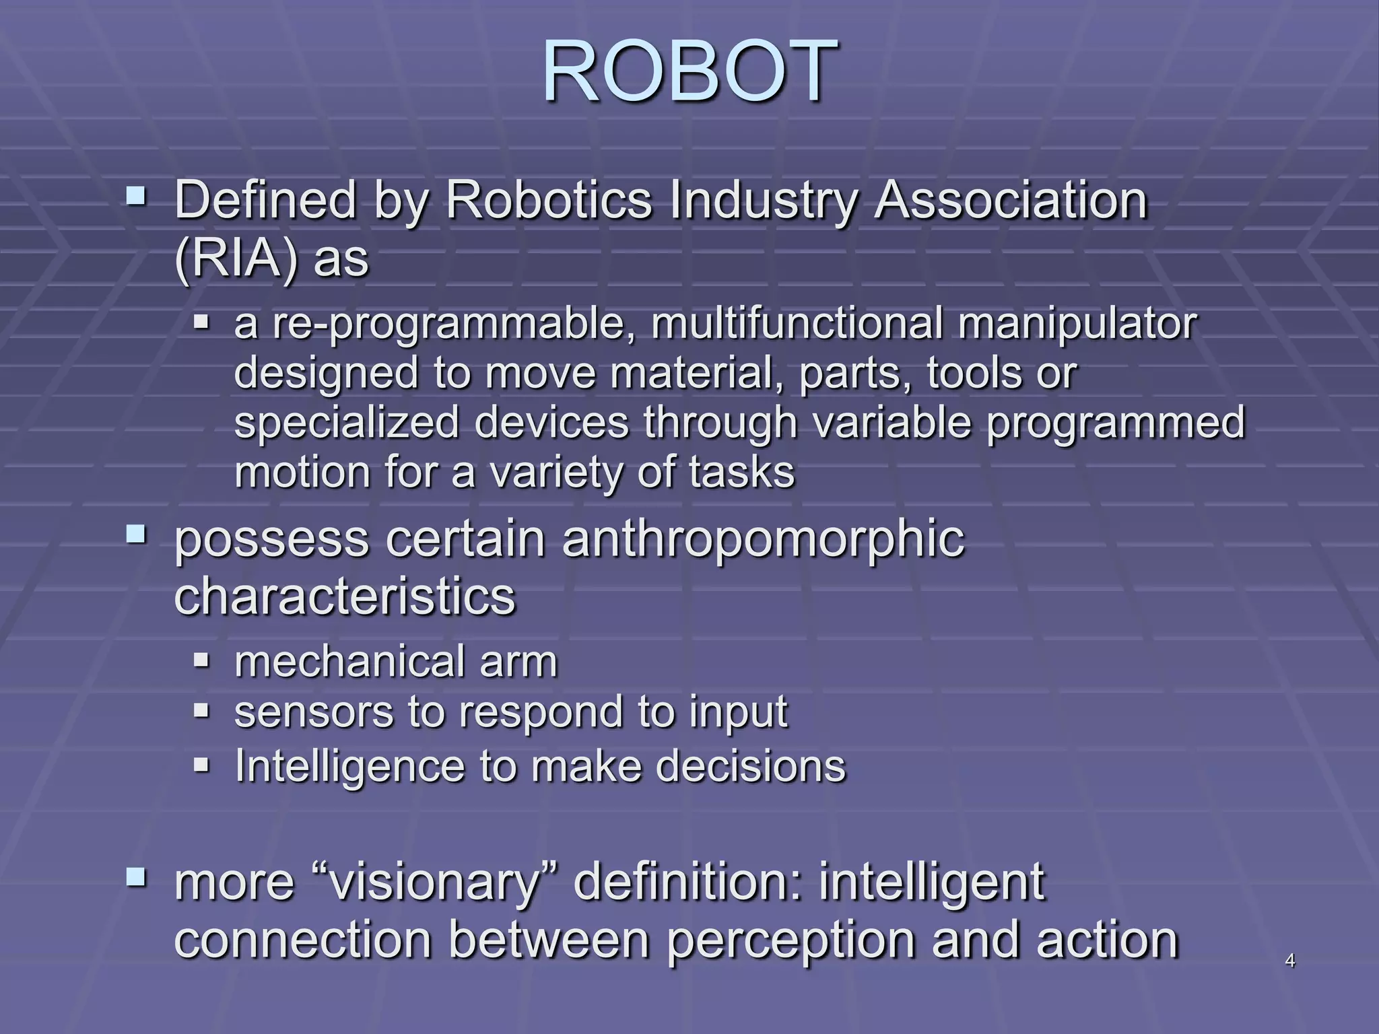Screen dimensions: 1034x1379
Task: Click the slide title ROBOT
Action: pyautogui.click(x=689, y=71)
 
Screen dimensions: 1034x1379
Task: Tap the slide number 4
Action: pyautogui.click(x=1290, y=961)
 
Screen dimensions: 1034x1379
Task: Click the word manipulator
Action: pyautogui.click(x=1077, y=324)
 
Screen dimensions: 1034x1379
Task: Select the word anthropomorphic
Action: pyautogui.click(x=764, y=540)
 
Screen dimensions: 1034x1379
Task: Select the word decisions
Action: pyautogui.click(x=751, y=766)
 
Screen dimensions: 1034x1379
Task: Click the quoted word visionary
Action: pyautogui.click(x=434, y=882)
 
